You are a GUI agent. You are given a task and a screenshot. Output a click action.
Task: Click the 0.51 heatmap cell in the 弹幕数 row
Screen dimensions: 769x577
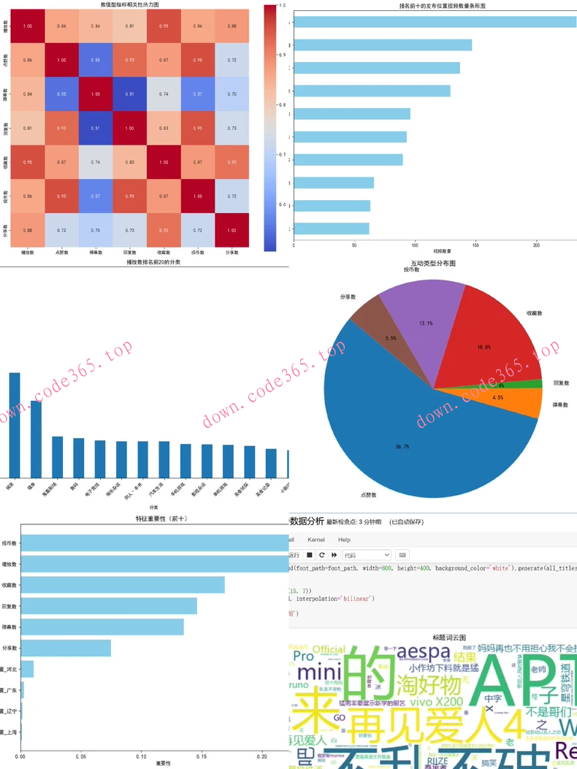tap(130, 93)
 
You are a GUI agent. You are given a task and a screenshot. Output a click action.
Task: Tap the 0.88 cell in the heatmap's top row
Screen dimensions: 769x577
tap(232, 26)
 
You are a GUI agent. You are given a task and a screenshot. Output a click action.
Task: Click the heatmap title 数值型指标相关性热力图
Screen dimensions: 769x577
tap(130, 4)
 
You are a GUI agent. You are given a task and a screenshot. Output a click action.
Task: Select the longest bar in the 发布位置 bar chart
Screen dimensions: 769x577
tap(435, 22)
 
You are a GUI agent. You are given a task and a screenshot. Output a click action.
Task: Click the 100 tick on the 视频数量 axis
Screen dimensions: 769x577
tap(415, 244)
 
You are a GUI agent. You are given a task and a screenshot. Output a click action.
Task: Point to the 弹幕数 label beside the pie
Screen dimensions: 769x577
tap(559, 404)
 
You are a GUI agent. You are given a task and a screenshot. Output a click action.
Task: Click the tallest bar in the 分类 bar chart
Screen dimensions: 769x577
tap(15, 424)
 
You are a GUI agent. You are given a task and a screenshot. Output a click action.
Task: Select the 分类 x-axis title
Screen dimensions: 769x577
tap(153, 507)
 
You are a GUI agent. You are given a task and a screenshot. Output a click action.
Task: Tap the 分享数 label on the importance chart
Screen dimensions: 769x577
tap(9, 648)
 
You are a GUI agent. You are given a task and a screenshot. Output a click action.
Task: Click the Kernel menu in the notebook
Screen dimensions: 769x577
tap(316, 540)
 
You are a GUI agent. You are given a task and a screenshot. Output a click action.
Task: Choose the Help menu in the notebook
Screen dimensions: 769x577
tap(344, 540)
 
